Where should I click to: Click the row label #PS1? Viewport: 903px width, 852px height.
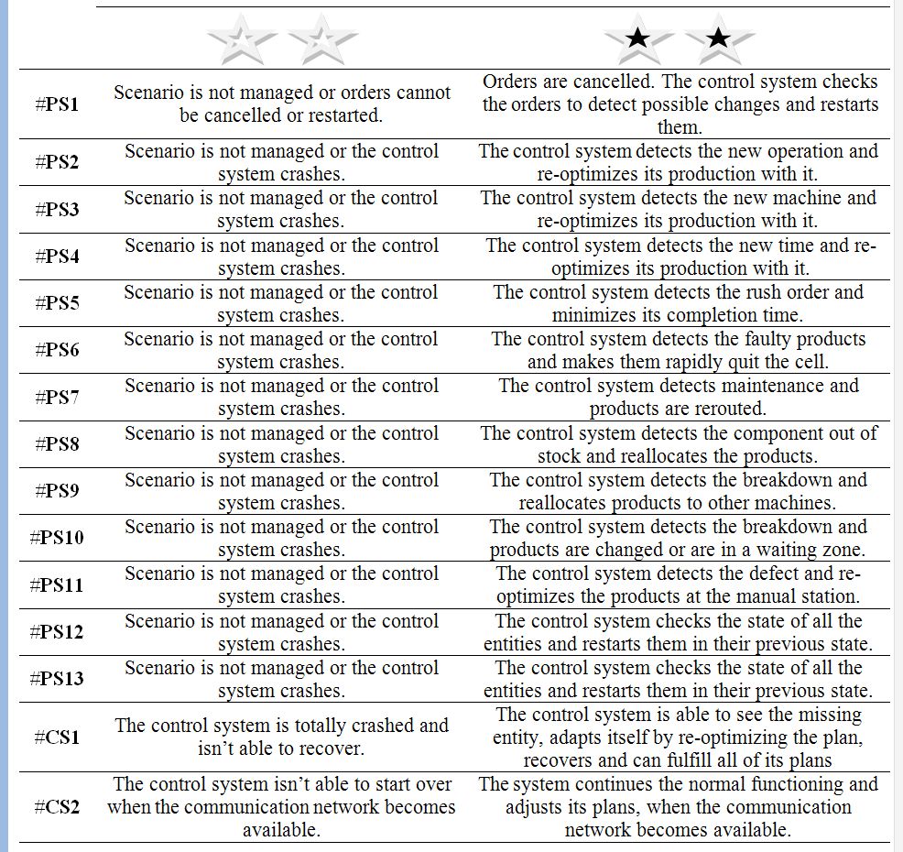tap(57, 104)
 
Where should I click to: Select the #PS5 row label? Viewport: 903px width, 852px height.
tap(57, 303)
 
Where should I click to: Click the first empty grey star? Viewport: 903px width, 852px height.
tap(241, 38)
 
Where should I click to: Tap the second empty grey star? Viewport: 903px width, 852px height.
tap(322, 38)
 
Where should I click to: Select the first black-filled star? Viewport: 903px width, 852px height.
tap(638, 38)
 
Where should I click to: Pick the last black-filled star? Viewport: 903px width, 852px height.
tap(719, 38)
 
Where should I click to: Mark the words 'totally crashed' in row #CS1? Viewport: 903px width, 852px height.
tap(322, 726)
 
